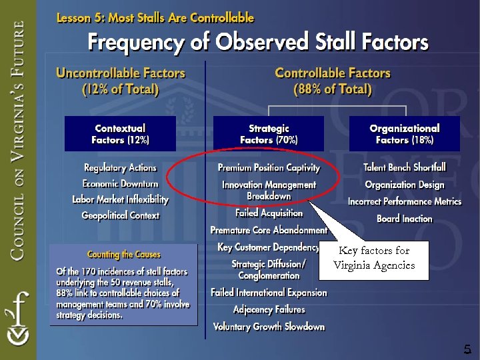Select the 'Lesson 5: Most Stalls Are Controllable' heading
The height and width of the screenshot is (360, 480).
click(155, 17)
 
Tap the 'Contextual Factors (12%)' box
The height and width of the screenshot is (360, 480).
click(120, 134)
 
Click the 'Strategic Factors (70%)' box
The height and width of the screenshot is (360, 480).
click(269, 134)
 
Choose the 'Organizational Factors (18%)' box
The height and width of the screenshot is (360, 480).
click(405, 134)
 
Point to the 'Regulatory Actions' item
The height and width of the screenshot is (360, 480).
click(120, 167)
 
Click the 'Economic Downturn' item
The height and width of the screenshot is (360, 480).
click(120, 183)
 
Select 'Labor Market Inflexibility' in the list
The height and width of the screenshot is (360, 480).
click(120, 199)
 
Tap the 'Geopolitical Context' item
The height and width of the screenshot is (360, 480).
click(120, 215)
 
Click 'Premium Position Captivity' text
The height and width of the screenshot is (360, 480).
click(269, 168)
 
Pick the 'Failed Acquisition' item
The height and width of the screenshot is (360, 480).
click(269, 213)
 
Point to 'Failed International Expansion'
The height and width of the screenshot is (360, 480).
click(269, 293)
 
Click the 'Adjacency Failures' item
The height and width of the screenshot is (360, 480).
click(269, 309)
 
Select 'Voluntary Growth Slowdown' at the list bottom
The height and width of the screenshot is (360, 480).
click(269, 327)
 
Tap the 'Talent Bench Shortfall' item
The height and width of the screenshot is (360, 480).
click(405, 167)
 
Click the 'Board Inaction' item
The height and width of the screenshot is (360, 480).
click(405, 219)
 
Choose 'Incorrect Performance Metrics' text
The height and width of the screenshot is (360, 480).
click(405, 201)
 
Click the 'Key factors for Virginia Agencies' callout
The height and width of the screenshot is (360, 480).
click(374, 258)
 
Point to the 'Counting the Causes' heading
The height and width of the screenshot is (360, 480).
click(124, 255)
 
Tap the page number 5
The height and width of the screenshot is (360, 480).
click(467, 349)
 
